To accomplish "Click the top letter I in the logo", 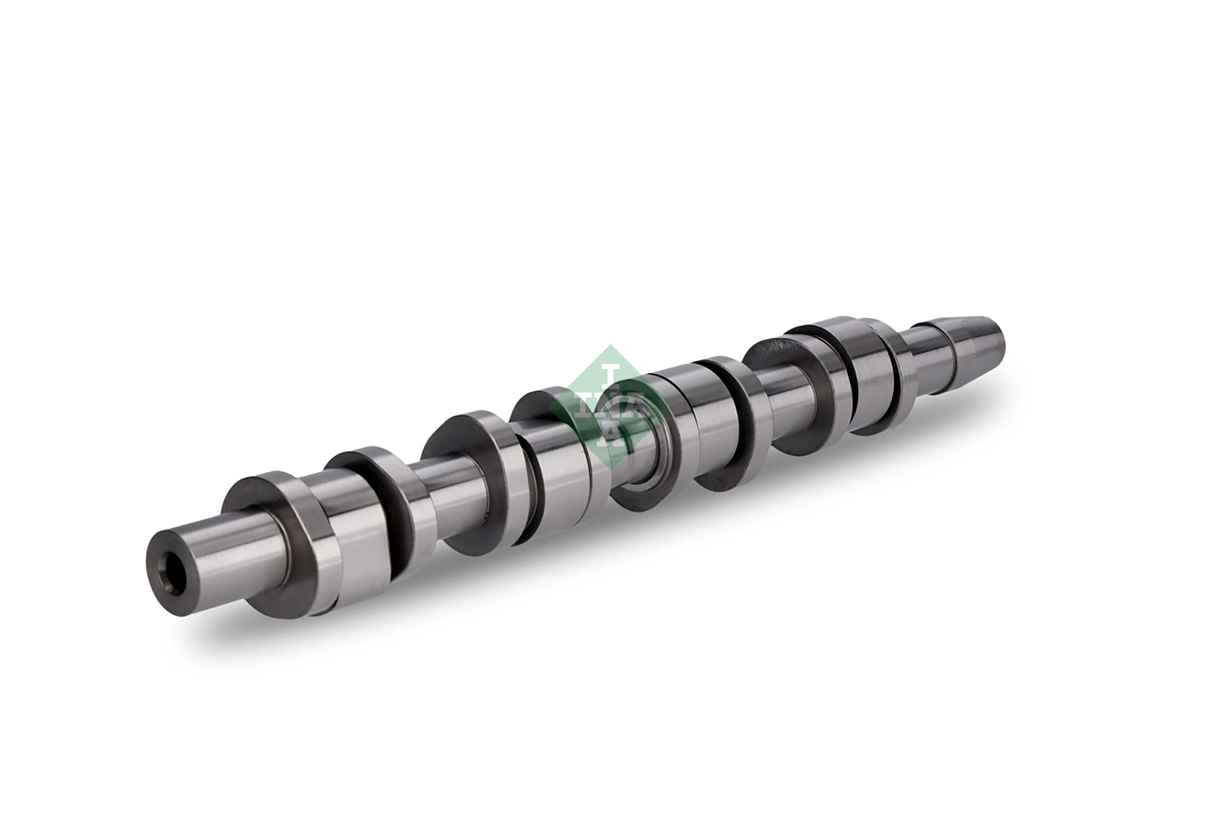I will pos(611,376).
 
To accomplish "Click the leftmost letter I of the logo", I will pos(582,405).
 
